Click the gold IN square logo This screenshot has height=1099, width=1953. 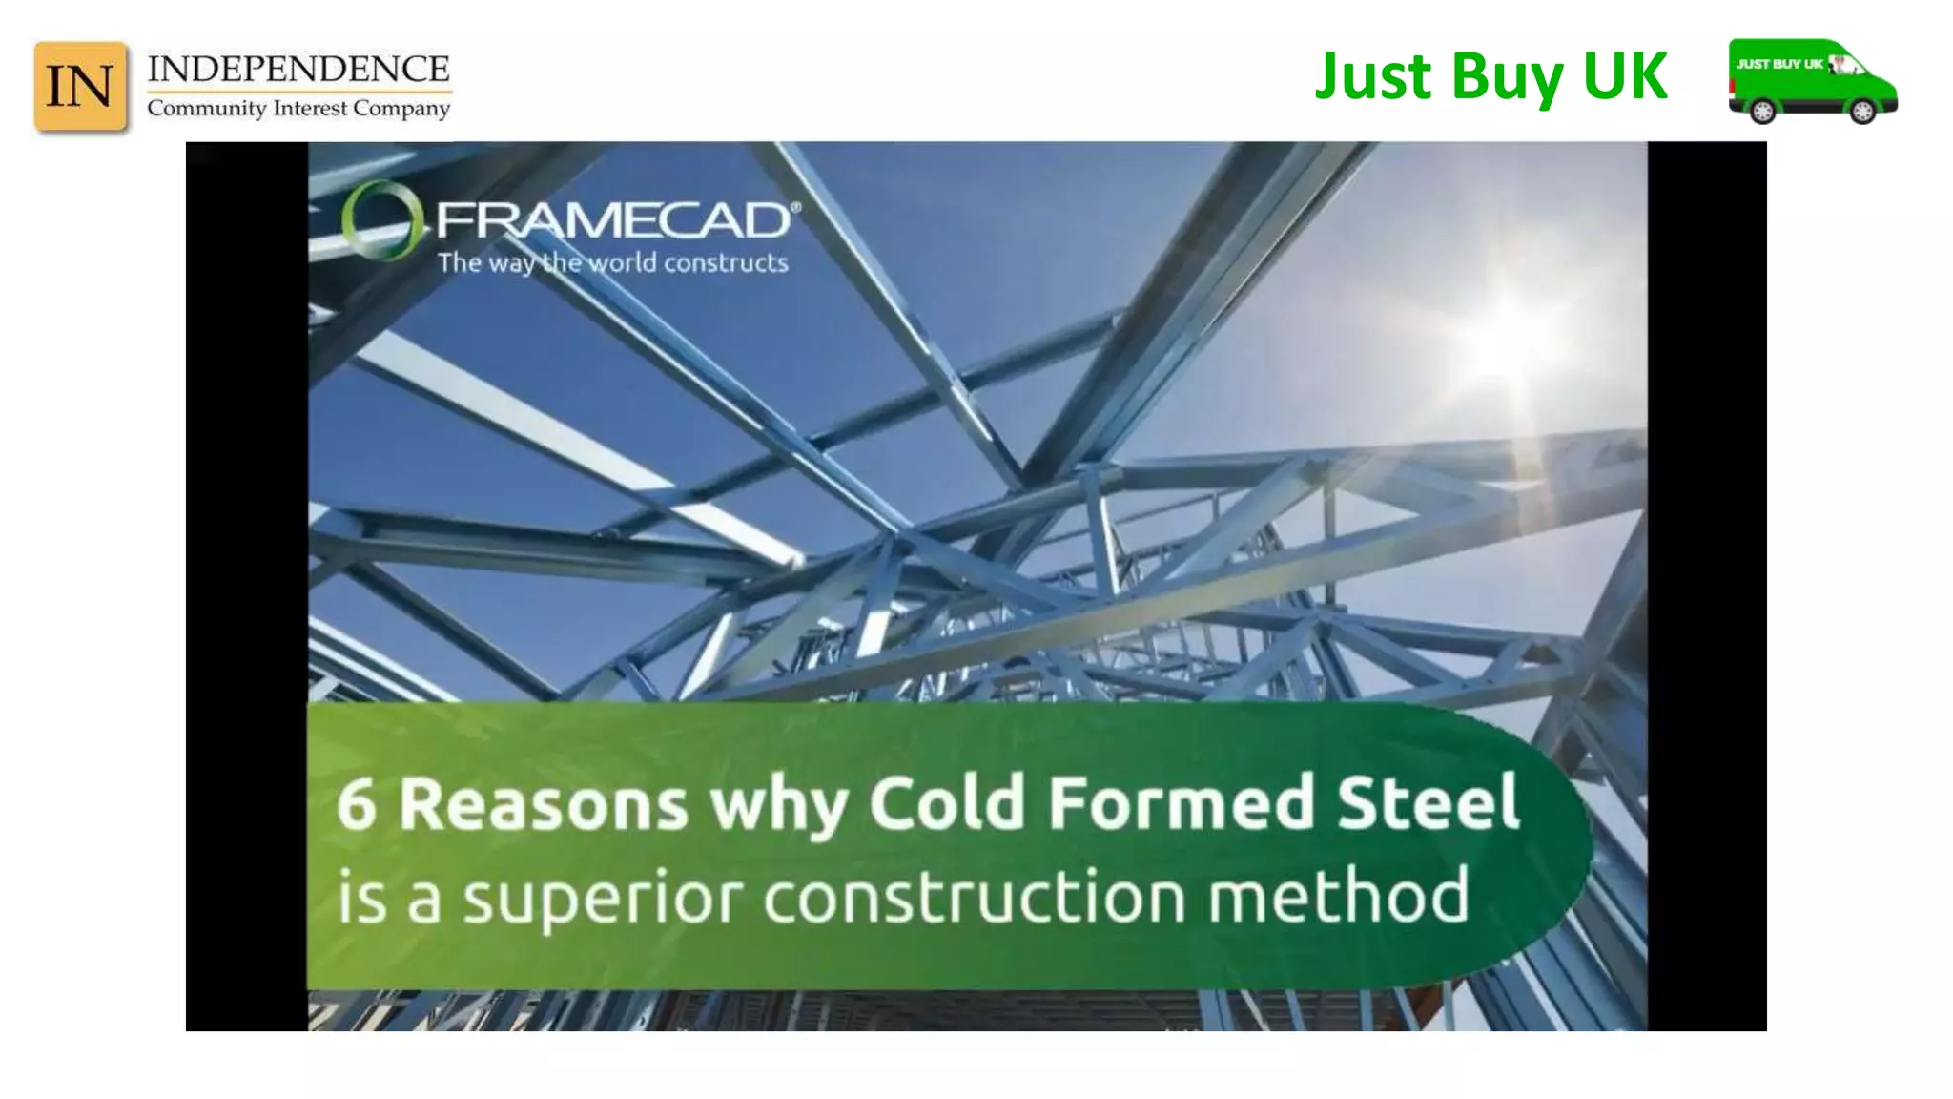tap(80, 86)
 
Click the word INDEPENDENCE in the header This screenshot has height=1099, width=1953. tap(298, 70)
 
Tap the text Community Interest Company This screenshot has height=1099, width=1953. tap(298, 109)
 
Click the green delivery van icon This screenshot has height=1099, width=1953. tap(1812, 80)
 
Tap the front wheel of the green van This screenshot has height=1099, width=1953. tap(1861, 111)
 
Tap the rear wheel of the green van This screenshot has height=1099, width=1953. tap(1762, 111)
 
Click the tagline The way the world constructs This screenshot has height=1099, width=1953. tap(612, 263)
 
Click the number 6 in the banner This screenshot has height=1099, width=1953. tap(356, 804)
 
